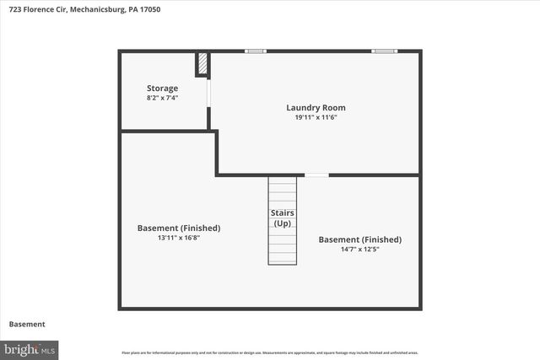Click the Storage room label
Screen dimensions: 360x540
pos(163,89)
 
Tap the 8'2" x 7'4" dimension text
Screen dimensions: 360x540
pos(163,98)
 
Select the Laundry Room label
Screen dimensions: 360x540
pos(316,108)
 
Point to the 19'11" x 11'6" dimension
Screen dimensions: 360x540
pos(316,117)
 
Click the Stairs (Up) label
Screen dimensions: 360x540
pos(282,218)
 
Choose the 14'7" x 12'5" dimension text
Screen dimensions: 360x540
pos(359,250)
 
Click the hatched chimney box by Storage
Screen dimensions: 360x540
pos(202,64)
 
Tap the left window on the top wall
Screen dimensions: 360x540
pos(256,51)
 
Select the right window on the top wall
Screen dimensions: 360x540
pos(384,51)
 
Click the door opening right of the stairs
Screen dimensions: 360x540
pos(316,175)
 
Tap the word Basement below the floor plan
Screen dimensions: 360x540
pos(27,325)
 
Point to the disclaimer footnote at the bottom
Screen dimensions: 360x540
pos(270,352)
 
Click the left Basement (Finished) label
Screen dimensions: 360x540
pos(179,228)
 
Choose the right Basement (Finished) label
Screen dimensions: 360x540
pos(359,239)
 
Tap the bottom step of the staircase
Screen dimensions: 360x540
pos(283,261)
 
